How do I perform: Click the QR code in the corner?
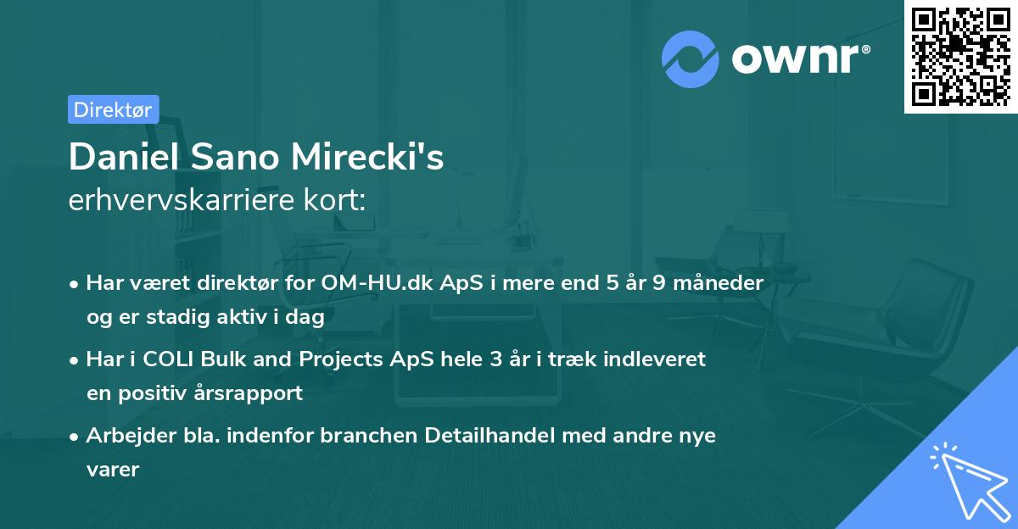[x=961, y=56]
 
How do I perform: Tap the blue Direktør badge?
[x=113, y=109]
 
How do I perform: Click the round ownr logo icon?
[x=690, y=59]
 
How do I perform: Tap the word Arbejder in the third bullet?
[x=124, y=435]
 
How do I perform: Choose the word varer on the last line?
[x=112, y=469]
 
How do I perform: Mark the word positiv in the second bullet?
[x=158, y=393]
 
